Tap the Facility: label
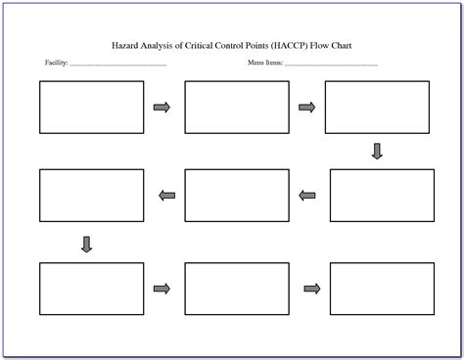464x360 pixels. point(56,64)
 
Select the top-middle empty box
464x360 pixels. point(236,107)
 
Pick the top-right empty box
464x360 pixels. point(376,107)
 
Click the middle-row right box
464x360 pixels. point(381,195)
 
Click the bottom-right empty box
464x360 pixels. point(381,288)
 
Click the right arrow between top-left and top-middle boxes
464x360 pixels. point(162,107)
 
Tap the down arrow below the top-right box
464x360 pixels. point(377,151)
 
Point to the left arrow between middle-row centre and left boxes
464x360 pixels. point(166,196)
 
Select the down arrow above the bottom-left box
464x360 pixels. point(86,244)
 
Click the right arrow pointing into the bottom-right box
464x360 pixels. point(312,288)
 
